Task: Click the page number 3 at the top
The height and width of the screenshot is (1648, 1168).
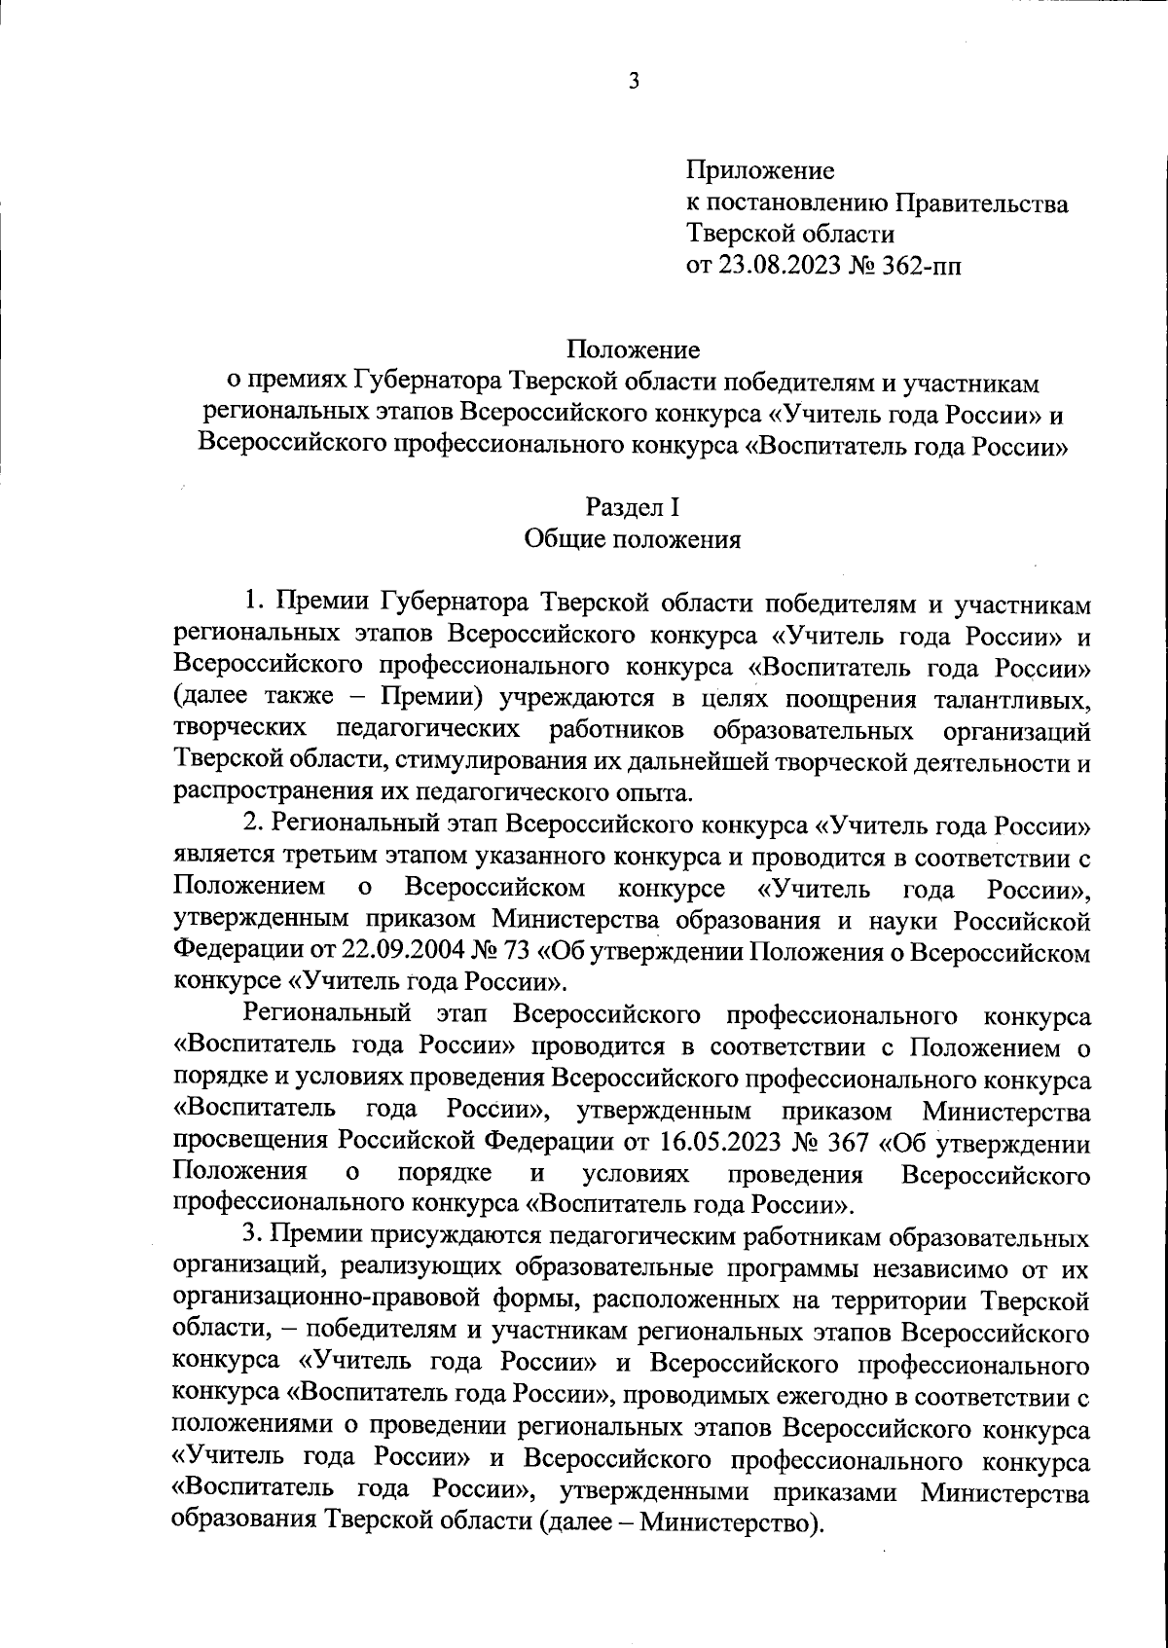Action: [634, 82]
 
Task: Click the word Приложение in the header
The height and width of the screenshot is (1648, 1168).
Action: [761, 171]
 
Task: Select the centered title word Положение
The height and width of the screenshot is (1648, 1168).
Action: [634, 348]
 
